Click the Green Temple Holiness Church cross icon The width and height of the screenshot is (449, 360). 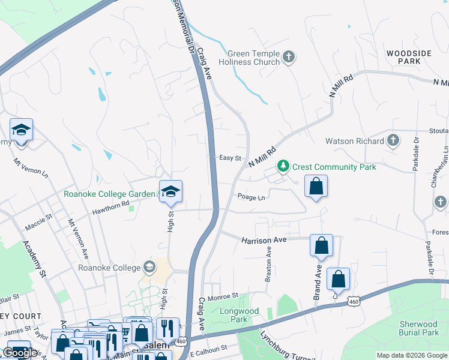coord(289,57)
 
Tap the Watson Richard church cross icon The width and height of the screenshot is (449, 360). coord(393,141)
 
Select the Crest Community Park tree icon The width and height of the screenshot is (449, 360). coord(283,166)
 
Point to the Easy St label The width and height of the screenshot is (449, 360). coord(230,158)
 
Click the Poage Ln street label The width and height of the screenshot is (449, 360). coord(251,197)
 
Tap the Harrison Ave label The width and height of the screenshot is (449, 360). coord(265,239)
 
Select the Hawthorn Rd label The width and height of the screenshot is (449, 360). coord(110,208)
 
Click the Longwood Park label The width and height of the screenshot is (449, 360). coord(239,315)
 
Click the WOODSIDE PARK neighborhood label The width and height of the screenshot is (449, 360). coord(409,58)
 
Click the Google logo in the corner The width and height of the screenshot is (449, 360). coord(20,353)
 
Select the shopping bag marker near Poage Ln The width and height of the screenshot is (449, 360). coord(316,187)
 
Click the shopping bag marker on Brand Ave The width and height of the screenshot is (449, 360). coord(322,245)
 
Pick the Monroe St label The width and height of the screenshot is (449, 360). coord(224,296)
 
